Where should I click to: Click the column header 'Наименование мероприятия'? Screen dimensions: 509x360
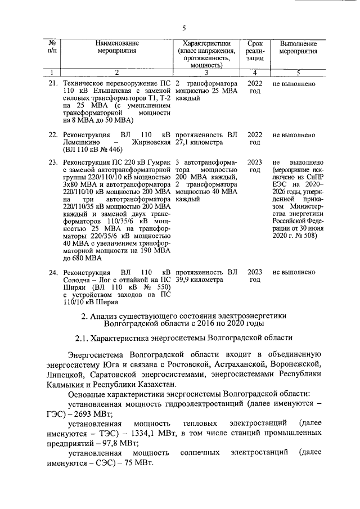pos(116,47)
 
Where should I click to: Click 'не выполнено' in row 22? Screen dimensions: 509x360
pos(293,135)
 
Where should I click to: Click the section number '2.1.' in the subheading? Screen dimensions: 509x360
pos(82,339)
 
